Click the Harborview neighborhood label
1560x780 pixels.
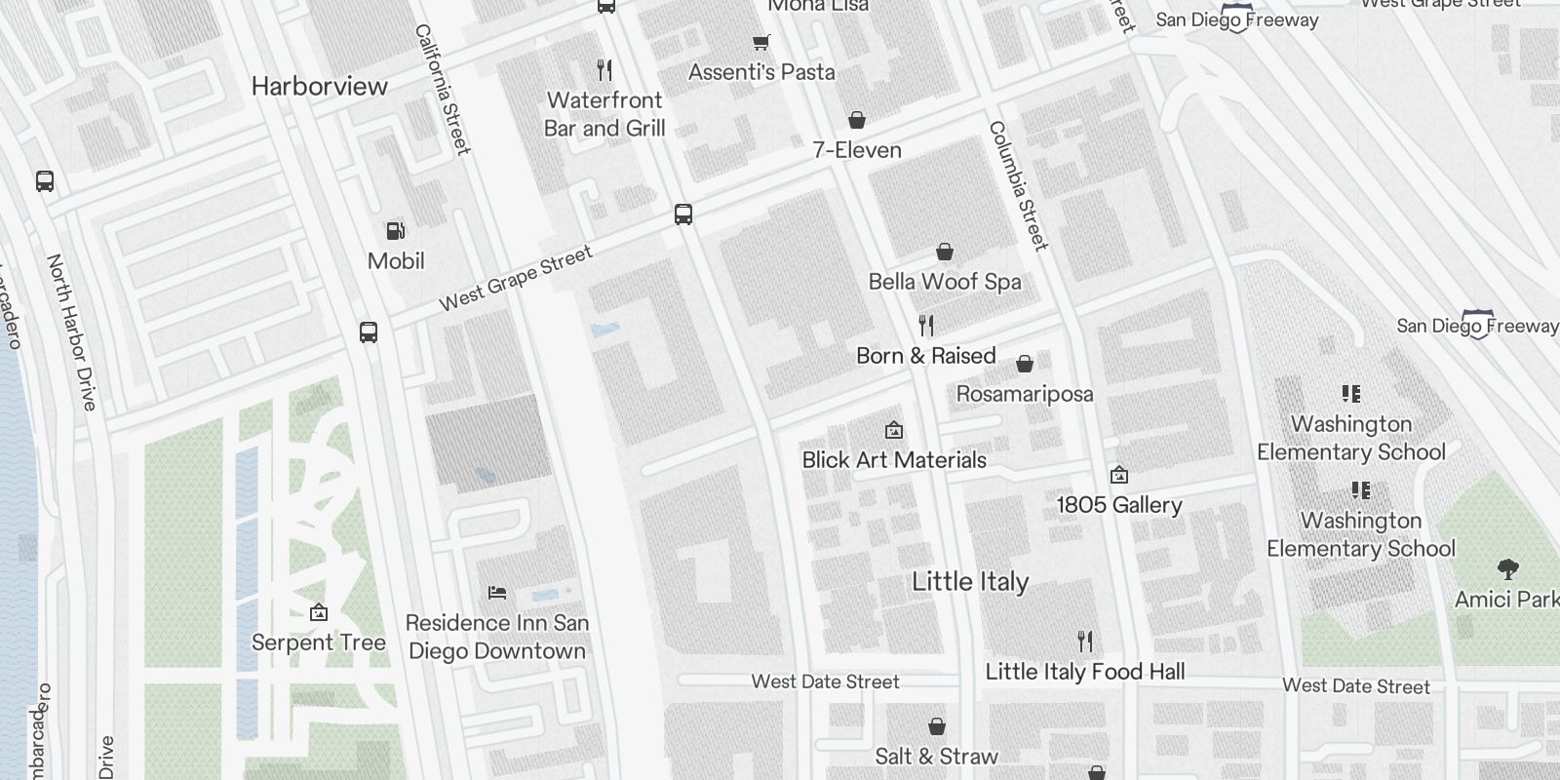[x=320, y=86]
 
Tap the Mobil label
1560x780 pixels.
[x=396, y=261]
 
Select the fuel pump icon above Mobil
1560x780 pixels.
[x=396, y=231]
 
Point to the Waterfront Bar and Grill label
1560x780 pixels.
[x=604, y=114]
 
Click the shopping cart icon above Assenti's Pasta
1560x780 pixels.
[x=761, y=42]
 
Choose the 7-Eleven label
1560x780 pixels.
[x=857, y=150]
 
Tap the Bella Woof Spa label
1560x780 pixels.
[x=945, y=282]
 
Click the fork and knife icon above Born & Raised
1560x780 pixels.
[x=926, y=325]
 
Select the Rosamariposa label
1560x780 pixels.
[x=1025, y=394]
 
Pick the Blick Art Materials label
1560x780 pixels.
[x=894, y=460]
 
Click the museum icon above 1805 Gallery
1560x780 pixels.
[x=1119, y=475]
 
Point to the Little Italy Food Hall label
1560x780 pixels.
[x=1085, y=672]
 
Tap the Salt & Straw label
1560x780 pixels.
[x=936, y=757]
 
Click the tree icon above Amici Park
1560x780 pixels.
[x=1508, y=568]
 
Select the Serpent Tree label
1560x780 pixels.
[x=319, y=643]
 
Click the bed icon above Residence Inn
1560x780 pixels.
[x=497, y=592]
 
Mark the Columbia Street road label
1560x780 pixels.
[x=1018, y=185]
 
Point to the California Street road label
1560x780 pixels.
[x=443, y=90]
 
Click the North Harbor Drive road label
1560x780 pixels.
[x=72, y=331]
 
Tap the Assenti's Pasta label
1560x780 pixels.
[x=761, y=72]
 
